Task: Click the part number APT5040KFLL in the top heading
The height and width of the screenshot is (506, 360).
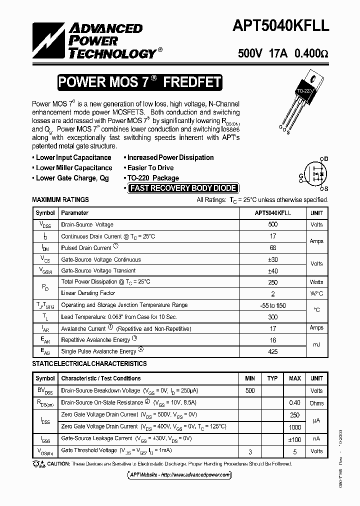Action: coord(281,26)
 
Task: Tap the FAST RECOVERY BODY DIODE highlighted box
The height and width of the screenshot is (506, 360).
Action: coord(182,188)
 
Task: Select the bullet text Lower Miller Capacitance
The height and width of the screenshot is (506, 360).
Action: coord(74,168)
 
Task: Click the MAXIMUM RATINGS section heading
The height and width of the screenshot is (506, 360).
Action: coord(60,199)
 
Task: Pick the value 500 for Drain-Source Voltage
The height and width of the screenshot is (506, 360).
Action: coord(272,224)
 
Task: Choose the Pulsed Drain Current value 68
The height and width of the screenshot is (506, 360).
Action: coord(272,247)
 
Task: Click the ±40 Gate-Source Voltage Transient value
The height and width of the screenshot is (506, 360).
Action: coord(272,270)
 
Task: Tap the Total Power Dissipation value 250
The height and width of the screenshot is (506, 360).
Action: coord(272,282)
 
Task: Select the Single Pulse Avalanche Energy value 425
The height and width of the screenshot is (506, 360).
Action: coord(272,351)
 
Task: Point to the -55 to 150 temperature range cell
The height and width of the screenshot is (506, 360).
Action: coord(272,305)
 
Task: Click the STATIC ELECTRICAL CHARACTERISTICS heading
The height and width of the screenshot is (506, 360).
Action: coord(89,363)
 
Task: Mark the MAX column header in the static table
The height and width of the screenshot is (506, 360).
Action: coord(295,378)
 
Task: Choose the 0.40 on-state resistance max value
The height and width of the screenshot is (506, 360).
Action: coord(295,402)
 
